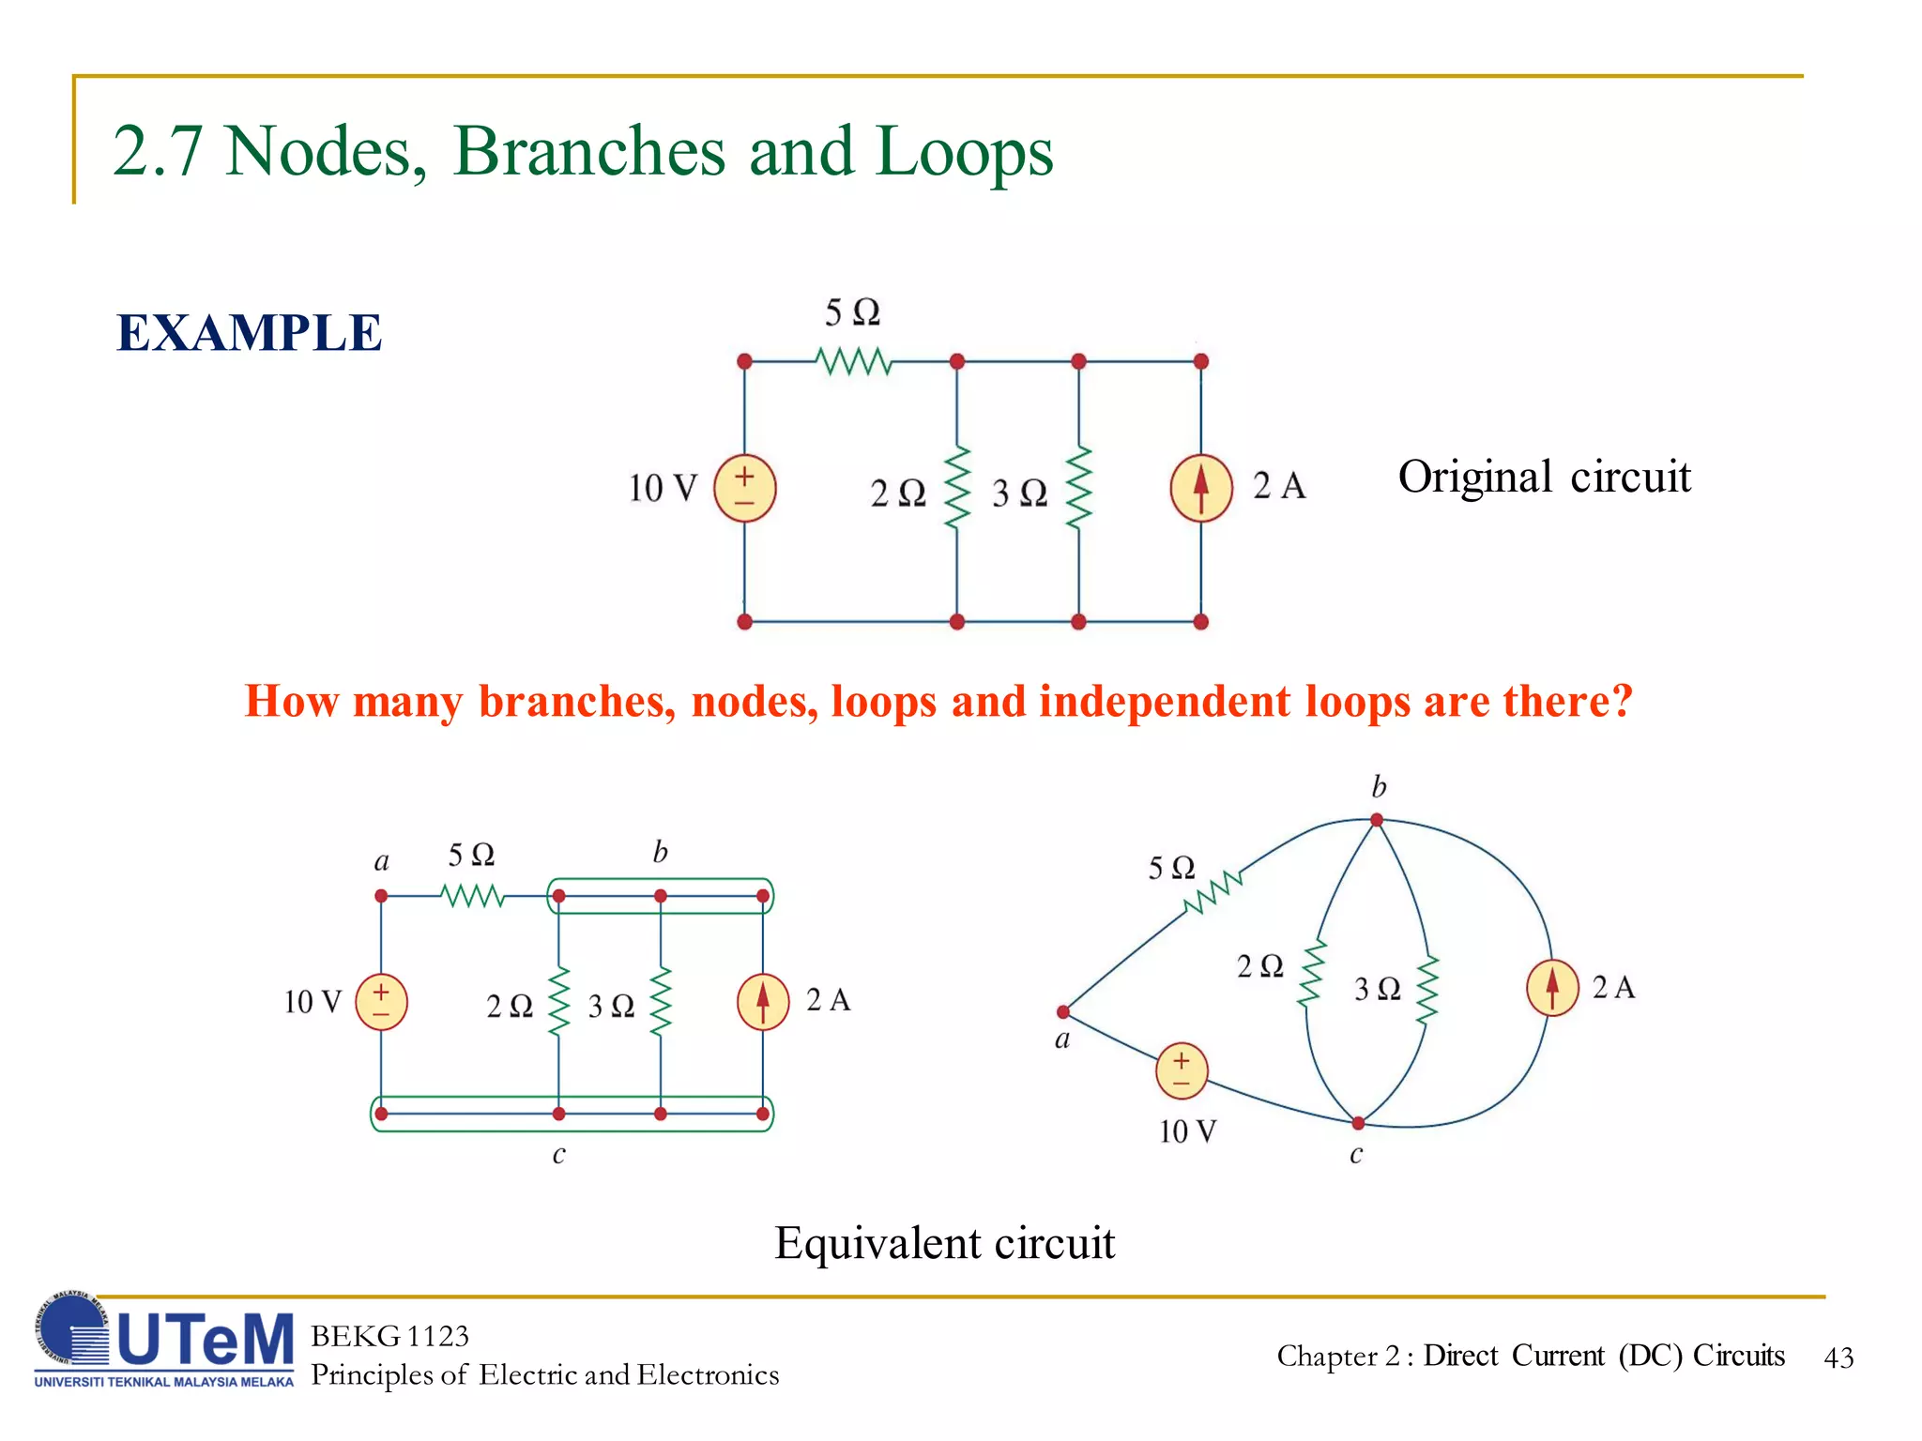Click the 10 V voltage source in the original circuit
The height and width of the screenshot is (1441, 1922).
(x=744, y=488)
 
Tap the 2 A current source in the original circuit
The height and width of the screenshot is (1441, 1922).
(x=1200, y=488)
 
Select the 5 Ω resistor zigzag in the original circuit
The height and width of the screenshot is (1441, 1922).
(x=853, y=361)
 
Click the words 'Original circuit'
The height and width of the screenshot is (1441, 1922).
(x=1544, y=477)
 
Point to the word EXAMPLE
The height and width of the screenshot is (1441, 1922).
(x=249, y=333)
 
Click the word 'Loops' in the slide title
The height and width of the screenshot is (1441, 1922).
(x=964, y=151)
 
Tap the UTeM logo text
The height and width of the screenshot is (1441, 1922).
(x=205, y=1339)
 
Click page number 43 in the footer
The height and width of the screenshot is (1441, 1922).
(x=1838, y=1358)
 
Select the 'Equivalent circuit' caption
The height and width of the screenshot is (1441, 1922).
(x=944, y=1243)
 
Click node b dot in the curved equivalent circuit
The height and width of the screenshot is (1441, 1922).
(x=1377, y=820)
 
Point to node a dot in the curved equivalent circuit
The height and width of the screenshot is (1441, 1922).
(x=1063, y=1011)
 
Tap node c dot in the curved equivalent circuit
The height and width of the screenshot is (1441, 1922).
(x=1358, y=1123)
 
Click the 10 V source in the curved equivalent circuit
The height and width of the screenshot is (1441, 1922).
(x=1182, y=1070)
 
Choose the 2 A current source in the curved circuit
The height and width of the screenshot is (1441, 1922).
(x=1552, y=988)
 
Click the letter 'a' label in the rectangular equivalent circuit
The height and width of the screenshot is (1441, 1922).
(x=381, y=862)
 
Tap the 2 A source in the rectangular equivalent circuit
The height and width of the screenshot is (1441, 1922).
(x=763, y=1002)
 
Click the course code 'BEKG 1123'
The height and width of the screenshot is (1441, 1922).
(x=389, y=1336)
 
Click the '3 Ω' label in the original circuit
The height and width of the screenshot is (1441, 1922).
(x=1019, y=493)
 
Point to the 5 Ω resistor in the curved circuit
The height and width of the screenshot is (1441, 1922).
(x=1213, y=892)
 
